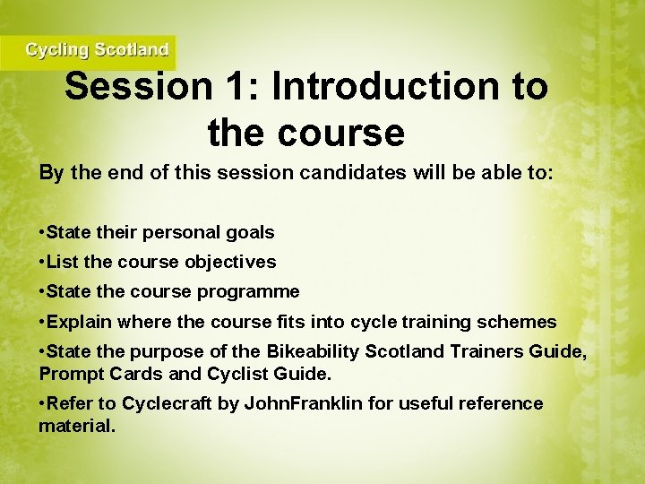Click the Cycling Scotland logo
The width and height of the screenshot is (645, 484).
96,50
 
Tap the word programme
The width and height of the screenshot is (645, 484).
250,292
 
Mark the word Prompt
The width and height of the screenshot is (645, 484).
68,372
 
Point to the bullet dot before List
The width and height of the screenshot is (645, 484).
42,263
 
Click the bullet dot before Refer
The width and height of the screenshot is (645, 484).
42,403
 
